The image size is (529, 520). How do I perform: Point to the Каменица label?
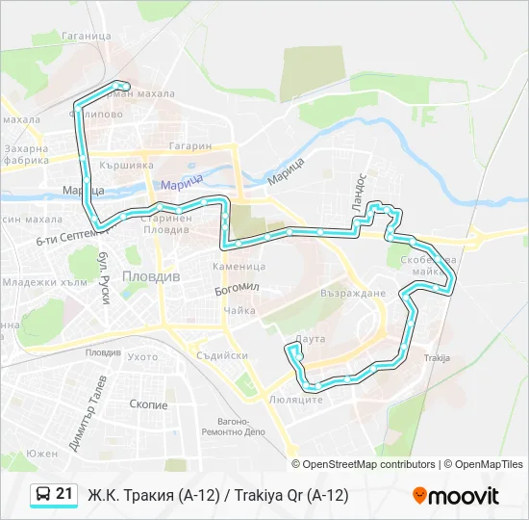239,266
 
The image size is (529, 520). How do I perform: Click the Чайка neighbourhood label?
239,310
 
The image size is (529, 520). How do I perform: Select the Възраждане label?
353,293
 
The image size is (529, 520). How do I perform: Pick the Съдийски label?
221,355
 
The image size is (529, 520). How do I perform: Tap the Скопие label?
147,405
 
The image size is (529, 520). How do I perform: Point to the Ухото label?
142,356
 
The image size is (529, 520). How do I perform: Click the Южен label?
42,453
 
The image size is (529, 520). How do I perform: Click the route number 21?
64,494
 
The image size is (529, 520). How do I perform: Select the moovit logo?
456,495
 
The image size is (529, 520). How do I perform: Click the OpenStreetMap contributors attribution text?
368,464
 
